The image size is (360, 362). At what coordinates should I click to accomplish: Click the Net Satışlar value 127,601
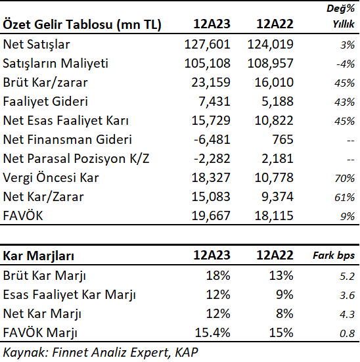point(207,44)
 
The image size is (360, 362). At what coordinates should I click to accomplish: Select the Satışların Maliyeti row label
point(55,63)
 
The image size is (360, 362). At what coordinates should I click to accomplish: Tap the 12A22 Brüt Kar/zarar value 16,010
point(274,82)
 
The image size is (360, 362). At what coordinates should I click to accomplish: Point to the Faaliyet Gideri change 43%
point(344,102)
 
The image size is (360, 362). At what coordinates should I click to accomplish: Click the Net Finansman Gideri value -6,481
point(212,139)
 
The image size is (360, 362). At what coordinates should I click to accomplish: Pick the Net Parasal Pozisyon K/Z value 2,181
point(277,158)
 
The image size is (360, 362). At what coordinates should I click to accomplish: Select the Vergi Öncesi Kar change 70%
point(344,178)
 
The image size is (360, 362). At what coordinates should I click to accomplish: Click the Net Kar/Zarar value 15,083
point(211,196)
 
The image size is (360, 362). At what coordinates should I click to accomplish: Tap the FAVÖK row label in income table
point(23,215)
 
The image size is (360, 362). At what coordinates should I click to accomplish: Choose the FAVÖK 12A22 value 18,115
point(274,215)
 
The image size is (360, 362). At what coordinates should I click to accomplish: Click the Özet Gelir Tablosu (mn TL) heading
point(82,24)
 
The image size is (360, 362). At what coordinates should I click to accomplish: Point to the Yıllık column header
point(344,24)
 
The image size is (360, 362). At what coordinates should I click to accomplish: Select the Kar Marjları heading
point(38,256)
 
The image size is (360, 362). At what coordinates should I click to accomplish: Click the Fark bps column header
point(334,256)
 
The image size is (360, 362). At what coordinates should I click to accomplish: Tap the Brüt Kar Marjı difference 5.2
point(347,276)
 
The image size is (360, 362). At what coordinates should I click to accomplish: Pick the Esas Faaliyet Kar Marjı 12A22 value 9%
point(284,294)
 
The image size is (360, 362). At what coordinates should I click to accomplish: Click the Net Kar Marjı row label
point(42,314)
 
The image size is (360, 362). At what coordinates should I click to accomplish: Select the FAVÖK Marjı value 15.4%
point(212,332)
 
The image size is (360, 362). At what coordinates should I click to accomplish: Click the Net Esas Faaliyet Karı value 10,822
point(274,120)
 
